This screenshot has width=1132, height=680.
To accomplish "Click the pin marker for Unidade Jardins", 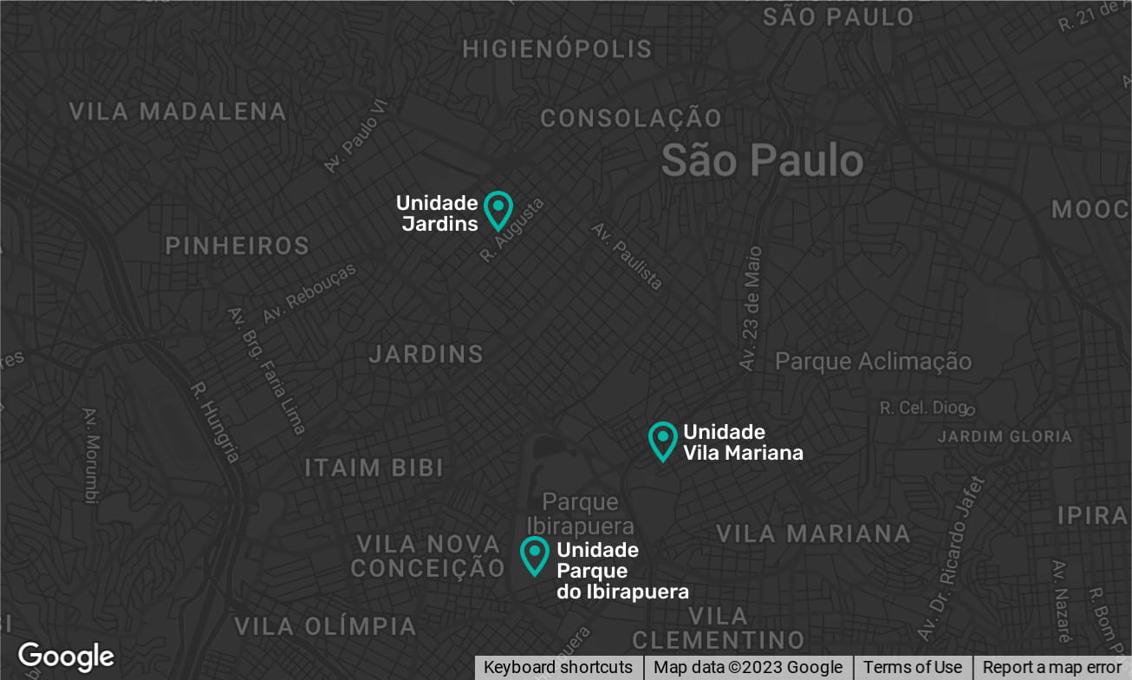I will pos(498,209).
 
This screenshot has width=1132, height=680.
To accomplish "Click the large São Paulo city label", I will pos(762,160).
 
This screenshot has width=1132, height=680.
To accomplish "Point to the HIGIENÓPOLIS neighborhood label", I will pos(556,49).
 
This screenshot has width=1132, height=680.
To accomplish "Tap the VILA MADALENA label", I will pos(178,112).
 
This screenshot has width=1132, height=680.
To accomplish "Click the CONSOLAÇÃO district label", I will pos(631,118).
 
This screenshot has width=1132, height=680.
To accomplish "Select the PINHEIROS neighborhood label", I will pos(237,246).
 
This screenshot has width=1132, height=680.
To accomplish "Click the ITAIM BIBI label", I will pos(374,468).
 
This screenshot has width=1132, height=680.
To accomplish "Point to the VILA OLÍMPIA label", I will pos(326,626).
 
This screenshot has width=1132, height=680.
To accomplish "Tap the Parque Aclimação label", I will pos(873,362).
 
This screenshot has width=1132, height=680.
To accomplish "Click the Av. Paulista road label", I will pos(628,256).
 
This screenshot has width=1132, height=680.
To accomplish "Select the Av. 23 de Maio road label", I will pos(751,309).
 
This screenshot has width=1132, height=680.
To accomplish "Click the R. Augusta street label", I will pos(513,230).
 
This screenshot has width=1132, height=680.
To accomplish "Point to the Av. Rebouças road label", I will pos(309,294).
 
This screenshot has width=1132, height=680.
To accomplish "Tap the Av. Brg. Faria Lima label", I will pos(266,370).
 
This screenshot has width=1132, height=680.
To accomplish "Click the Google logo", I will pos(66,657).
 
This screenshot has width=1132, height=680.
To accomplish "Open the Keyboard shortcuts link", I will pos(558,667).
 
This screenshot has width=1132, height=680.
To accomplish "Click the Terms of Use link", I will pos(912,667).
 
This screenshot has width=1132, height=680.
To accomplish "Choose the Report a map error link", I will pos(1052,667).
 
